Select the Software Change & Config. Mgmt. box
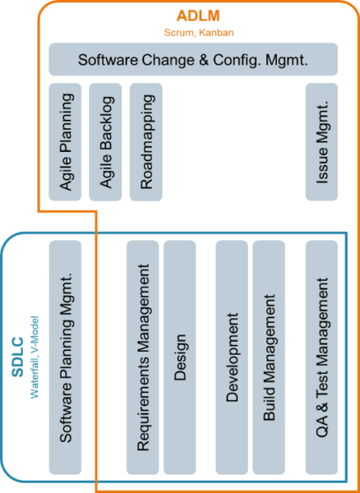tap(193, 60)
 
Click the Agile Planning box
tap(65, 141)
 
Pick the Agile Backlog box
tap(106, 141)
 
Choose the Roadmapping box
tap(147, 141)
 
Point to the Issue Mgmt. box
tap(321, 141)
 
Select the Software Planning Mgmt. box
tap(66, 357)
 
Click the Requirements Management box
tap(142, 357)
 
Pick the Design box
tap(180, 357)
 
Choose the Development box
tap(231, 357)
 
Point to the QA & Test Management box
tap(321, 357)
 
